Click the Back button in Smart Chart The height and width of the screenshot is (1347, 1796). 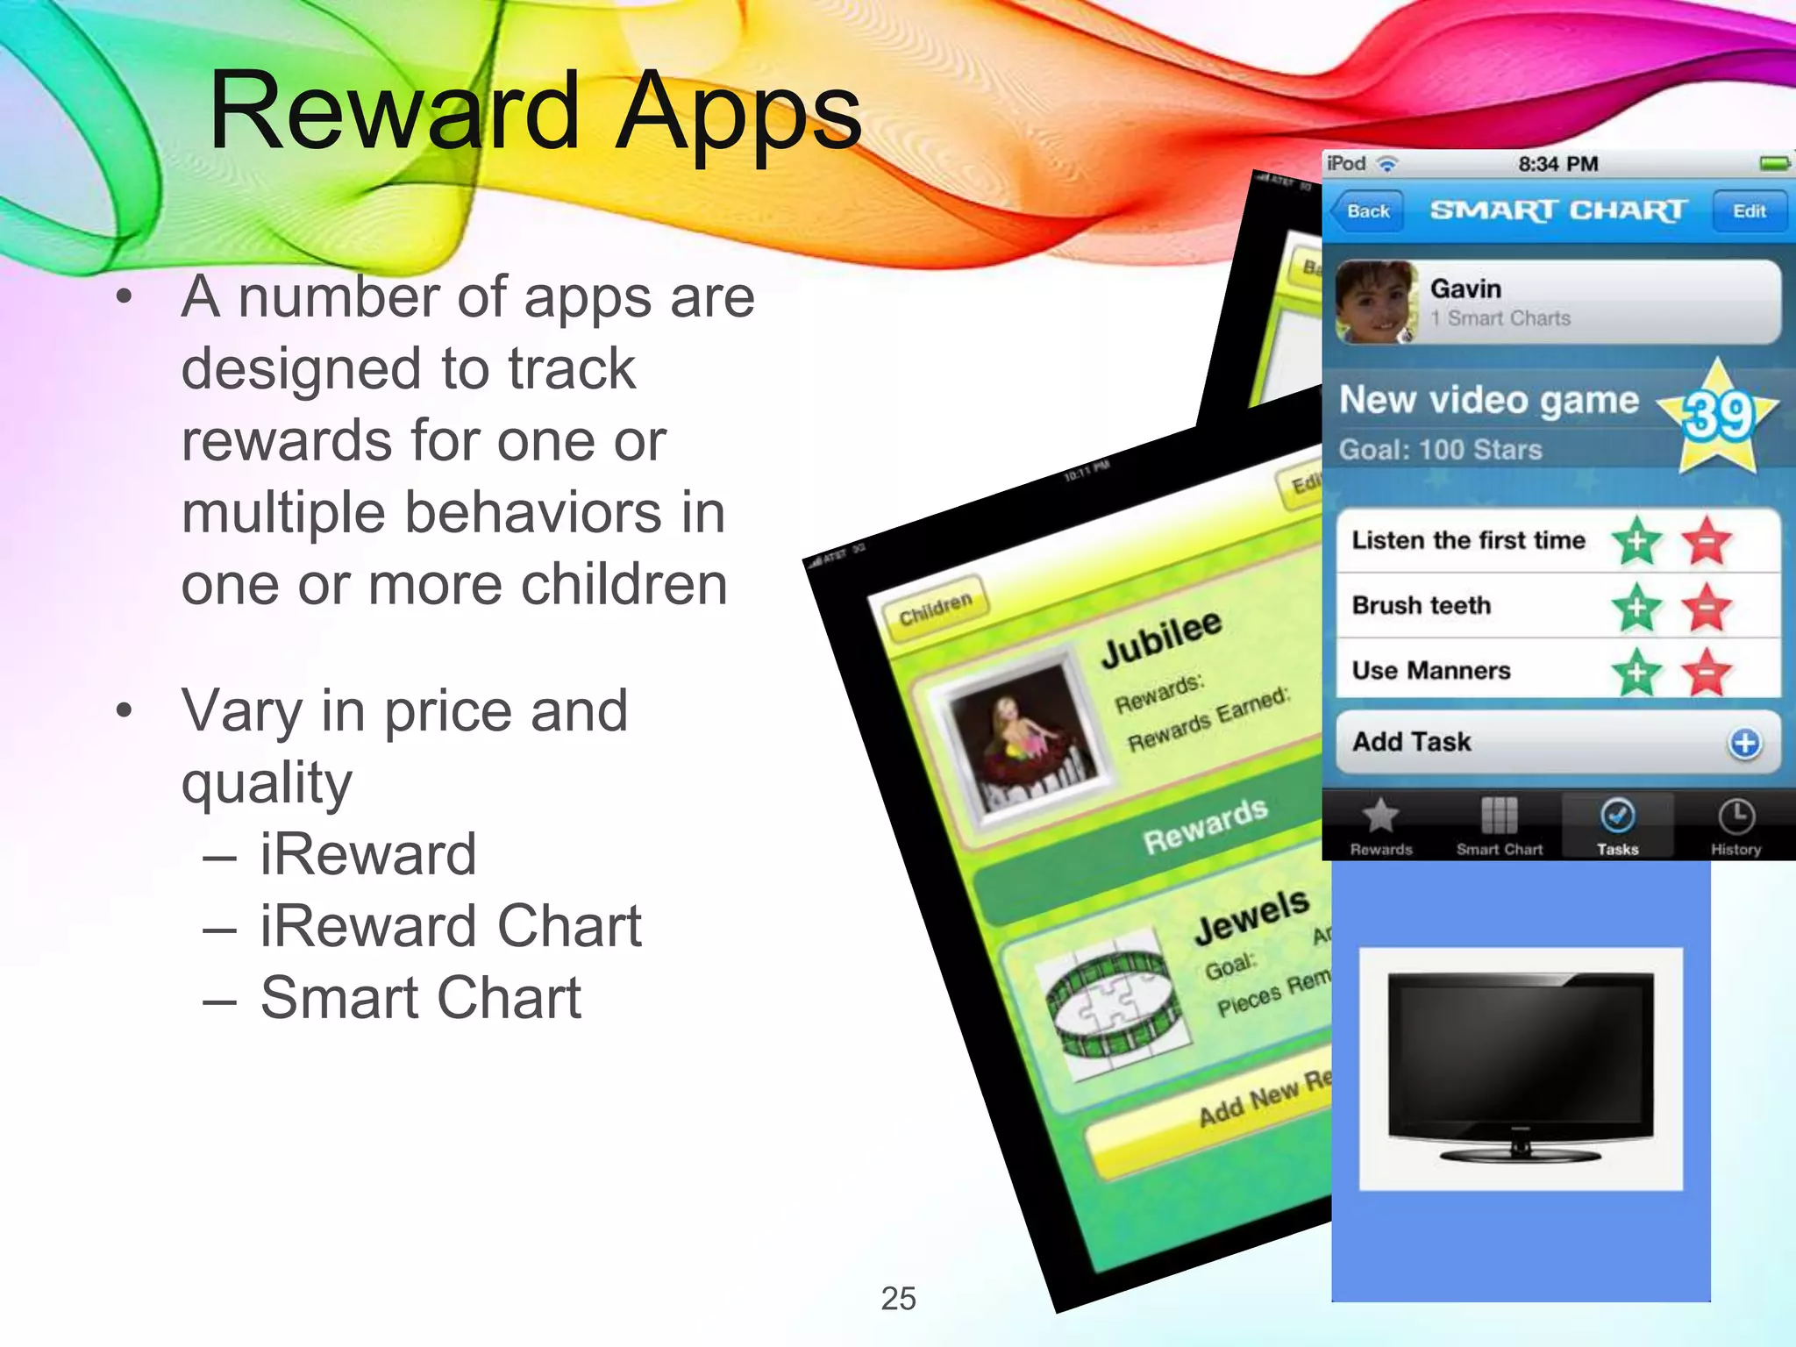[x=1366, y=211]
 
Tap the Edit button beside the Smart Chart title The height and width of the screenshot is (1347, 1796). [x=1749, y=211]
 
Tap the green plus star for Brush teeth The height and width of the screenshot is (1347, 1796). [x=1636, y=607]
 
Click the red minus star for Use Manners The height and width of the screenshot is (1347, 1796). [x=1706, y=673]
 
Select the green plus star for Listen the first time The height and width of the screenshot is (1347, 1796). [x=1636, y=541]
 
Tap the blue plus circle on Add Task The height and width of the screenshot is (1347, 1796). [x=1744, y=743]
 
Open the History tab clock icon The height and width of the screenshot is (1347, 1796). [x=1735, y=816]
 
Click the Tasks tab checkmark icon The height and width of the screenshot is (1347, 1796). [x=1617, y=816]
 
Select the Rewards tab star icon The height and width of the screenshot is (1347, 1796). [x=1380, y=816]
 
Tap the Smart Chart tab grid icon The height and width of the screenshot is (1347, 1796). [x=1499, y=816]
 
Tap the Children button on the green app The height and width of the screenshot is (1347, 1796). [x=936, y=608]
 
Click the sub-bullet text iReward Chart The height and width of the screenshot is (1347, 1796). [x=451, y=926]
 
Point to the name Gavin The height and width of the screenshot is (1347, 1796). [x=1465, y=289]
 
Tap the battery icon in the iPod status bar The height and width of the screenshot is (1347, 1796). [x=1774, y=164]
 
